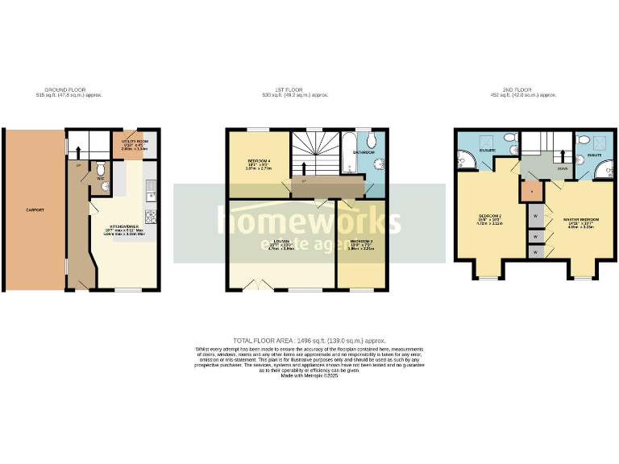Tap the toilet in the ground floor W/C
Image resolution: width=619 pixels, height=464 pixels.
coord(98,170)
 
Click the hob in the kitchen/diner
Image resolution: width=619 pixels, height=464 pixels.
coord(151,216)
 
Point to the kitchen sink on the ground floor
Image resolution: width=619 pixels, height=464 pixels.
coord(151,191)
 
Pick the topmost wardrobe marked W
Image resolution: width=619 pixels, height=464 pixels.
coord(534,216)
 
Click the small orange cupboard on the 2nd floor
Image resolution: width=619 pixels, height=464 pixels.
coord(530,192)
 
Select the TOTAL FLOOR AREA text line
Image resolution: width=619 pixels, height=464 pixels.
coord(310,342)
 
